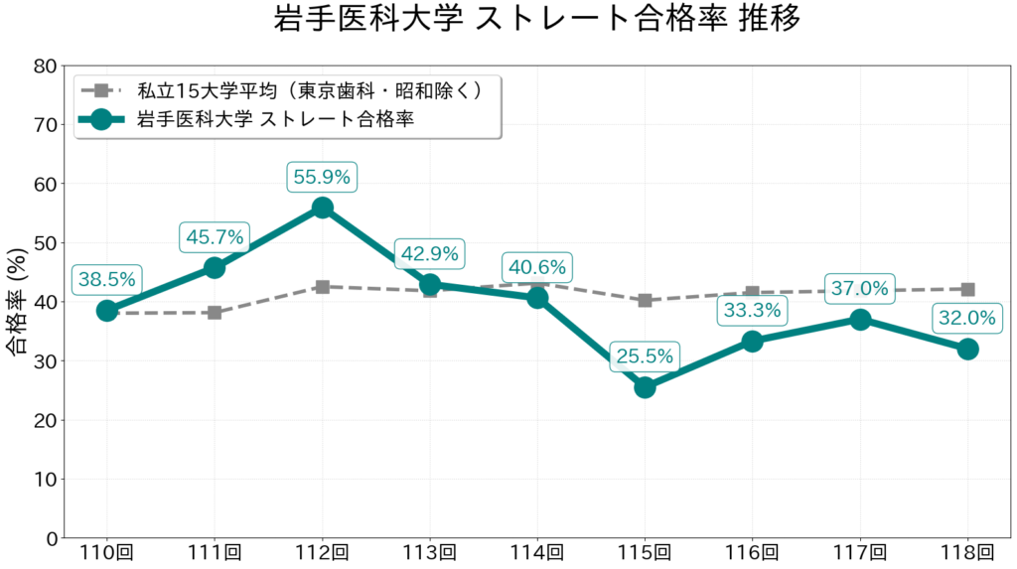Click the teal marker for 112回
322,208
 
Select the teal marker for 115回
645,387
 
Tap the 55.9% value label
322,177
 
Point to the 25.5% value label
645,356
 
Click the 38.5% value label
106,279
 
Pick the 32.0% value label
967,319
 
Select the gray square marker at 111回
215,313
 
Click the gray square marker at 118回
967,289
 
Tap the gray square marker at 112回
322,286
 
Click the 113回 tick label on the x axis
430,553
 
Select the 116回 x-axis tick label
752,553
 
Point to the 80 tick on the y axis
45,67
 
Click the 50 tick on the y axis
45,243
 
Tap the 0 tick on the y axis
51,538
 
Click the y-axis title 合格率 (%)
17,302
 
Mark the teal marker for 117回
860,320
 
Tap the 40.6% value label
537,267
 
